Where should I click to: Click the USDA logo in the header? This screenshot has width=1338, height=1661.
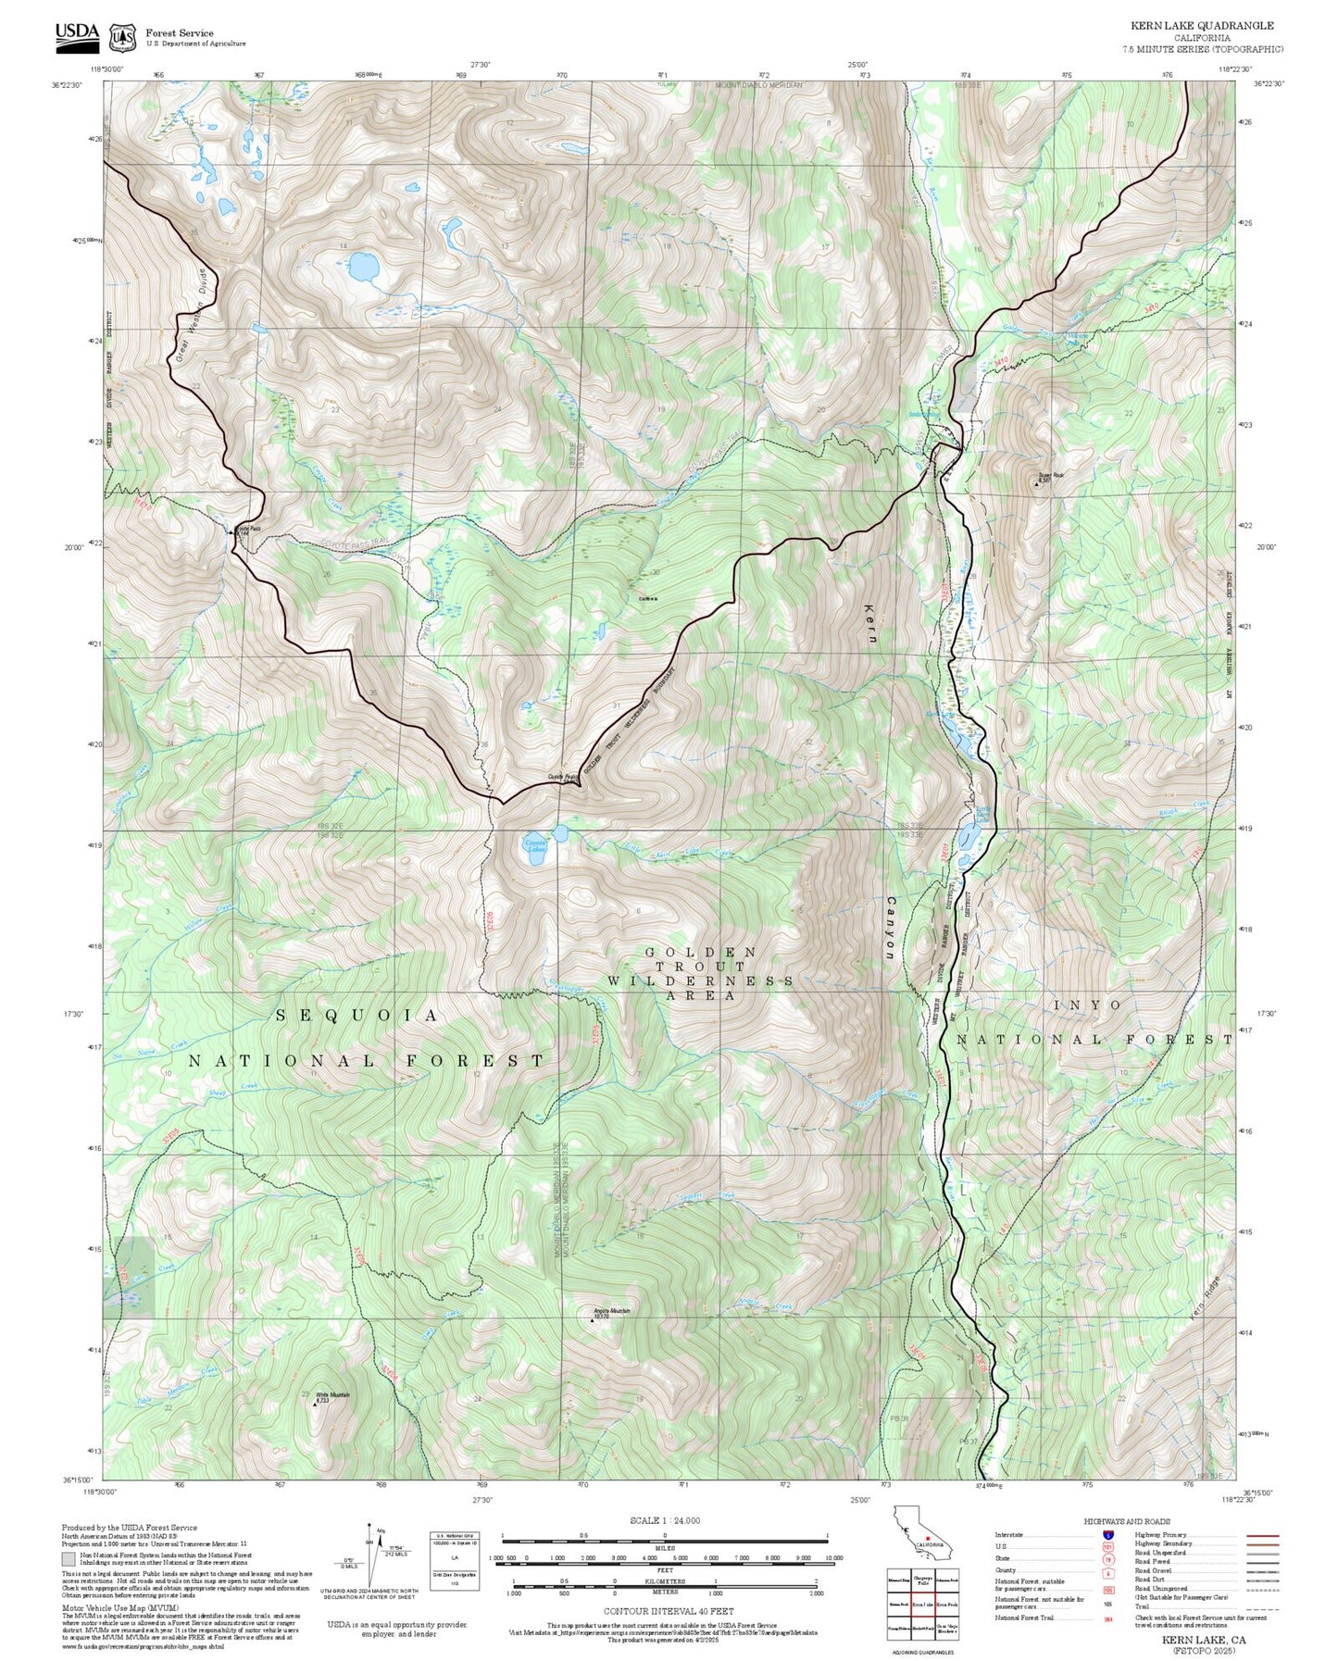tap(77, 33)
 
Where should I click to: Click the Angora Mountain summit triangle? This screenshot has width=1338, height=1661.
tap(593, 1319)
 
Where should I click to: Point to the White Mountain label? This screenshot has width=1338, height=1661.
tap(333, 1394)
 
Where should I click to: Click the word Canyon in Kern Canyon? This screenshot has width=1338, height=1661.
tap(891, 928)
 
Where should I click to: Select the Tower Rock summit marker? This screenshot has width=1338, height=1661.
tap(1036, 482)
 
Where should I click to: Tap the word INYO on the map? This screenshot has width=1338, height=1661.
tap(1088, 1005)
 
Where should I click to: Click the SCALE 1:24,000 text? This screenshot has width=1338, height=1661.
tap(665, 1520)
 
